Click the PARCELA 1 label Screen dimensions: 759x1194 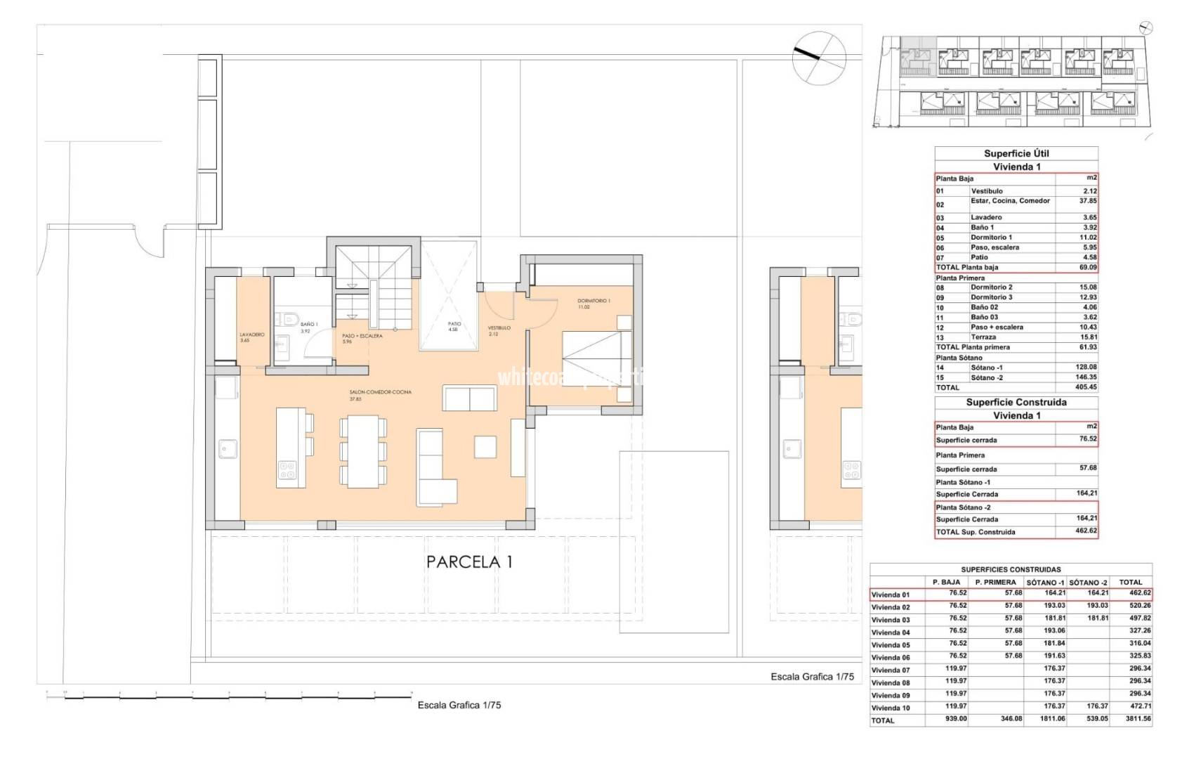[469, 562]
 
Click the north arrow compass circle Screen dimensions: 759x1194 [818, 56]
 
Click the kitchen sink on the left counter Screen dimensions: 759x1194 [227, 448]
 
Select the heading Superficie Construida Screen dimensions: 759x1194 [1016, 402]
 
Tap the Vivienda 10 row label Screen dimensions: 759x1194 [890, 708]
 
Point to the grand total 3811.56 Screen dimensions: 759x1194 [1131, 720]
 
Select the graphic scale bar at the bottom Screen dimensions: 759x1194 [229, 698]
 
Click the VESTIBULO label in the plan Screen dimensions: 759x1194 [499, 327]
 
